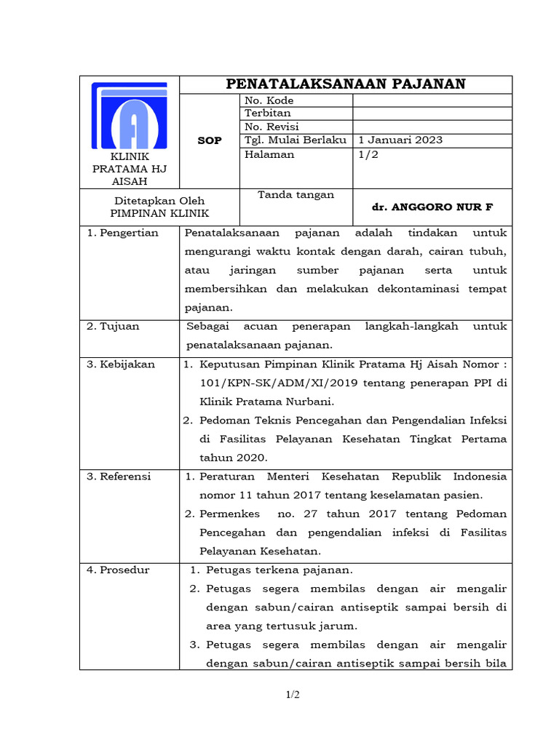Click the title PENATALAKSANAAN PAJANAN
click(346, 84)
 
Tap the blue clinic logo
click(129, 116)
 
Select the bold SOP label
click(210, 140)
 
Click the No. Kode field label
click(269, 100)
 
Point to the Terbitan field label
click(268, 113)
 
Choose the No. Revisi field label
click(271, 127)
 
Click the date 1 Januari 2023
click(400, 140)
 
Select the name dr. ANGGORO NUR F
click(432, 207)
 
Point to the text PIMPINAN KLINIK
click(159, 213)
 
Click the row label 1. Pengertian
click(113, 233)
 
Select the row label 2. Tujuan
click(113, 327)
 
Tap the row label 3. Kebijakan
click(121, 364)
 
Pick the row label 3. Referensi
click(119, 477)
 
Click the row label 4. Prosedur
click(118, 570)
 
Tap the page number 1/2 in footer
click(292, 695)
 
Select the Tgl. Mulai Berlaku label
click(296, 140)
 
